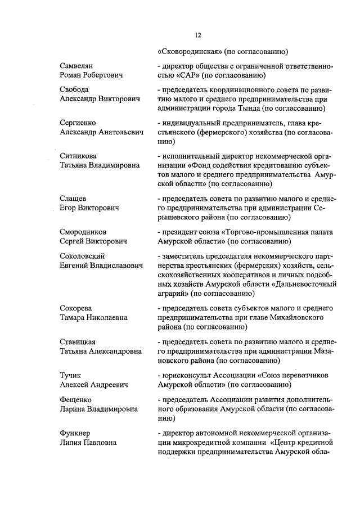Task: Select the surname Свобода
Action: pos(74,89)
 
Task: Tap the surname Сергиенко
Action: pos(78,122)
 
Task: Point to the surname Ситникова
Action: pos(79,155)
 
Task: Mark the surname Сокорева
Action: pos(76,308)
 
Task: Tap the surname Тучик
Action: pos(71,375)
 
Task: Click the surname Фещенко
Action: pos(76,399)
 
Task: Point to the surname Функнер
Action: pos(76,433)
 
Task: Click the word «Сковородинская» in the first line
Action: pos(190,52)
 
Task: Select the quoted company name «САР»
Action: pos(190,75)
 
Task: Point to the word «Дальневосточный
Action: pos(301,283)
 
